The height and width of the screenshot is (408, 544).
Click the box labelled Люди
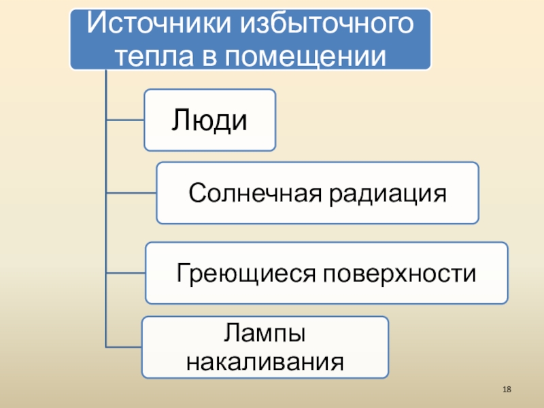coord(209,120)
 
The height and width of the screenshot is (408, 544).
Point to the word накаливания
coord(265,360)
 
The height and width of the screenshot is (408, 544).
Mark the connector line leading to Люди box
coord(124,120)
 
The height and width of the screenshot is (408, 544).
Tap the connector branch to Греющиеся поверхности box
coord(126,273)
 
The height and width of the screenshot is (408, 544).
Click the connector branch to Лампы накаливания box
coord(124,346)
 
